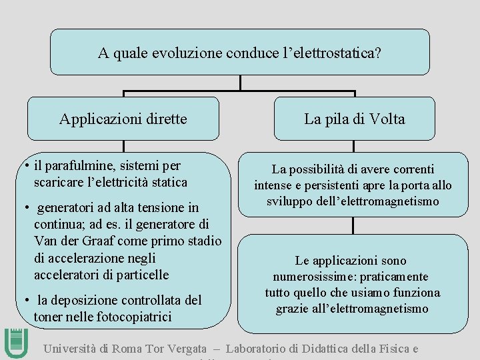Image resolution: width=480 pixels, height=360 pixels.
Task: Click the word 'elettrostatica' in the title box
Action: coord(333,53)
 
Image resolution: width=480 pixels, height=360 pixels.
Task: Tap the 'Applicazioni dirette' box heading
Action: coord(123,119)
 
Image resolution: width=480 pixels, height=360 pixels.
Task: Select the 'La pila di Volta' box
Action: coord(354,119)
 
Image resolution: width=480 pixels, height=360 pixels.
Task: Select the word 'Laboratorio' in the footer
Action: coord(261,349)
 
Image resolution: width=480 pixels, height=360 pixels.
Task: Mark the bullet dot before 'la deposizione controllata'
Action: coord(24,301)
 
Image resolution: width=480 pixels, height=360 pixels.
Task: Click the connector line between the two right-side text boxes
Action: coord(353,225)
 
